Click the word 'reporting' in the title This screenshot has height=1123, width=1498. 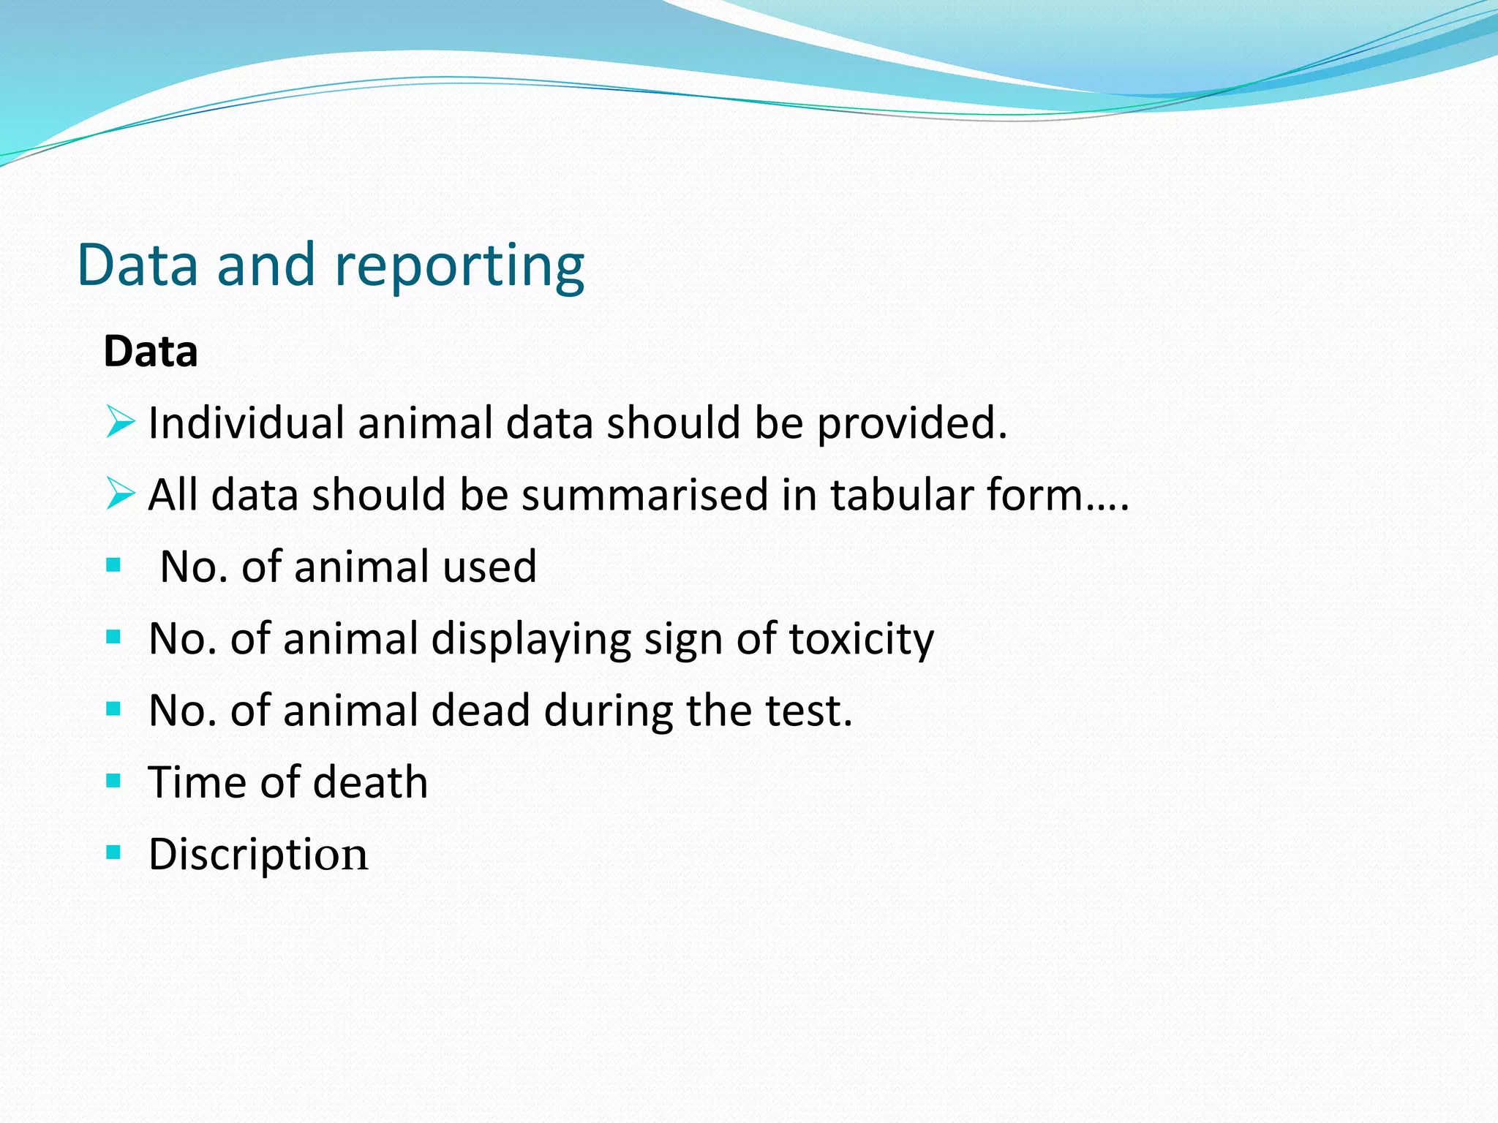[x=459, y=267]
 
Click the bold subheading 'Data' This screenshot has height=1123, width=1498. [x=151, y=352]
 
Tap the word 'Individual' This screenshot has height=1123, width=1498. [x=246, y=423]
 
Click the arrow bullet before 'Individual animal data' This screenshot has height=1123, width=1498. [x=120, y=422]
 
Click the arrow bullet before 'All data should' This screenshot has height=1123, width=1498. [x=120, y=494]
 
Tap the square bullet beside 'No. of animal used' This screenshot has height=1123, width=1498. [x=113, y=565]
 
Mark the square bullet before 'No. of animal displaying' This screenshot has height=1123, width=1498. [x=113, y=637]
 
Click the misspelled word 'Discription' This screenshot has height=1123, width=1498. [x=258, y=855]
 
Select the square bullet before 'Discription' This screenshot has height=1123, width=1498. [x=113, y=852]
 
